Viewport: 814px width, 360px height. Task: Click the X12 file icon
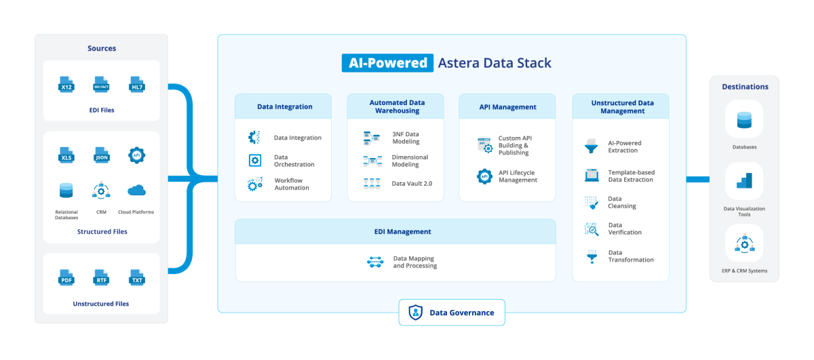click(66, 85)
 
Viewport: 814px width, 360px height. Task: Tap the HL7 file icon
click(137, 85)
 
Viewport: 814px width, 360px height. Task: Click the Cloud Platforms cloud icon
click(136, 190)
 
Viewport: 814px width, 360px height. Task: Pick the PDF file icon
click(66, 277)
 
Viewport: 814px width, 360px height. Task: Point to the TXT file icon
click(137, 277)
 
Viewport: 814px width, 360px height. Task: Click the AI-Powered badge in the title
click(387, 63)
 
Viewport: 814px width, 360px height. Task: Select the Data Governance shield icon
click(415, 313)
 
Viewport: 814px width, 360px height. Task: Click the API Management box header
click(507, 106)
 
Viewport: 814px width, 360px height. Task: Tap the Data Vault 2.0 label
click(412, 184)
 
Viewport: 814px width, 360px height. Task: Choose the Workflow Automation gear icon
click(255, 184)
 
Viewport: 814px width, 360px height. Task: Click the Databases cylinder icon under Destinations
click(743, 121)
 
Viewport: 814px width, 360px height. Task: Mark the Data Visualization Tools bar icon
click(744, 181)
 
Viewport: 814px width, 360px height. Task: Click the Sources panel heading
click(102, 48)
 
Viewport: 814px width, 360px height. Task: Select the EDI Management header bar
click(395, 231)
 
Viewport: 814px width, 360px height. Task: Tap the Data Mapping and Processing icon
click(375, 262)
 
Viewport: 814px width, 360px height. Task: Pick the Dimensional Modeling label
click(410, 161)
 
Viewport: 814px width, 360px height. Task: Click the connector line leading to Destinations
click(697, 179)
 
